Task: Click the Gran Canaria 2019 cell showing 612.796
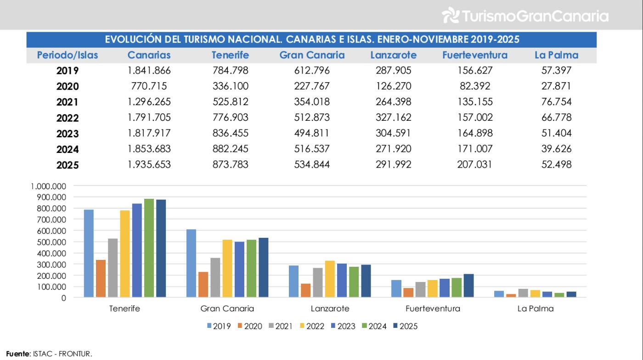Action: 312,71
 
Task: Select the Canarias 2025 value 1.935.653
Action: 149,165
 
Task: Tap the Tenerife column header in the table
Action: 230,56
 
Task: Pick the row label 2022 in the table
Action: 68,118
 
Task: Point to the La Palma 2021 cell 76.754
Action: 556,102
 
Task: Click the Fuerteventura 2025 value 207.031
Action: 475,165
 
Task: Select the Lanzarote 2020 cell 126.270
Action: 393,86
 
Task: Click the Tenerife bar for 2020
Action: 101,279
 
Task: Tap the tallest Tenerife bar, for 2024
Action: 149,248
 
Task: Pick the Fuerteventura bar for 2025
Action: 468,286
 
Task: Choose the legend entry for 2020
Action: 250,326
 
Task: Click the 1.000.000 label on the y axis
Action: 49,186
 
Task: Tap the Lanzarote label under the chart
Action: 329,309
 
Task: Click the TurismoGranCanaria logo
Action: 524,16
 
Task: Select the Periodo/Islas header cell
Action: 68,56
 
